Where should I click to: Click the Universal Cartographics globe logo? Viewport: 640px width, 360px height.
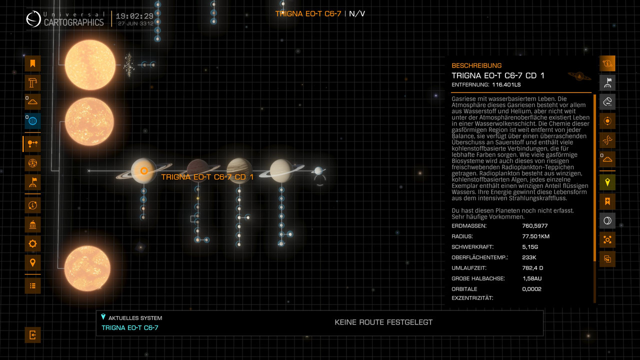(33, 19)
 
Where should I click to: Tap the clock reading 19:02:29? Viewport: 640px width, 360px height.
(134, 16)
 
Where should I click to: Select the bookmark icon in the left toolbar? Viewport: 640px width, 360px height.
(32, 63)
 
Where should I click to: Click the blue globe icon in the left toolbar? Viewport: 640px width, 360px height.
(32, 121)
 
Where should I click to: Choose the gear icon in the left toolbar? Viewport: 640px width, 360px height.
(32, 243)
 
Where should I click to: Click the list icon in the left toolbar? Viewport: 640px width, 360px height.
(32, 285)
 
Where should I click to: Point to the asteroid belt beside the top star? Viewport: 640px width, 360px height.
(128, 65)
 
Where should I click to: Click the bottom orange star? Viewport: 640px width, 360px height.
(87, 268)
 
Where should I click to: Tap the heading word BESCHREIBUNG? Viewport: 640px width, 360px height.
(476, 65)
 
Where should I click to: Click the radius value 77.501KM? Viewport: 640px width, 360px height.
(535, 236)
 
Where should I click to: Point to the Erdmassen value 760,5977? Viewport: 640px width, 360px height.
(535, 225)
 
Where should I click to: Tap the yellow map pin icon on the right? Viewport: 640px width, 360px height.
(607, 182)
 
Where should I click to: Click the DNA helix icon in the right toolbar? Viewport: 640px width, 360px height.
(607, 140)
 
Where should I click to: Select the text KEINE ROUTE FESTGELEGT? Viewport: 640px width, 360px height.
(383, 322)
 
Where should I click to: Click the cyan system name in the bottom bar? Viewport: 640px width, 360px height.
(130, 327)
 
